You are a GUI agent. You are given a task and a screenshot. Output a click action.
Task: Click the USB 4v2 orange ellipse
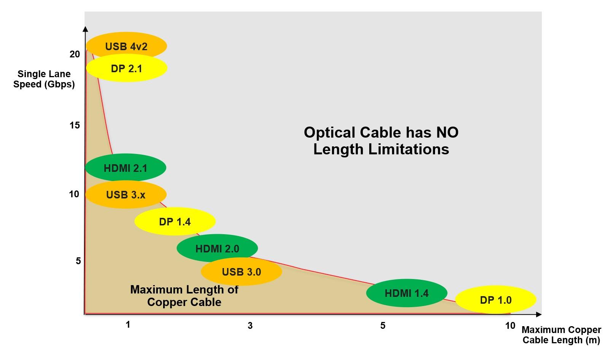pyautogui.click(x=126, y=46)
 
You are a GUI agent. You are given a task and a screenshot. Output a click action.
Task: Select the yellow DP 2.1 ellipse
pyautogui.click(x=127, y=68)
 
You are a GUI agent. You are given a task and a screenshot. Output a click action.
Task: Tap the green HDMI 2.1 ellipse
pyautogui.click(x=125, y=168)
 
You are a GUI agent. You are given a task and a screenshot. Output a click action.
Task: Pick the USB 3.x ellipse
pyautogui.click(x=126, y=195)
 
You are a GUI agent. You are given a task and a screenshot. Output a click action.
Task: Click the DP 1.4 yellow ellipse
pyautogui.click(x=175, y=221)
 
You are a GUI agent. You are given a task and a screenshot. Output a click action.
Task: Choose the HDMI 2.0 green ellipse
pyautogui.click(x=217, y=248)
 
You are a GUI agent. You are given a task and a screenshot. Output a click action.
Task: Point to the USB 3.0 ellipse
pyautogui.click(x=241, y=271)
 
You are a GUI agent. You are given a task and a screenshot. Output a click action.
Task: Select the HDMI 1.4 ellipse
pyautogui.click(x=407, y=293)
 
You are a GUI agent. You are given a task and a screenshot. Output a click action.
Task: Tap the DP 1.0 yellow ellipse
pyautogui.click(x=495, y=300)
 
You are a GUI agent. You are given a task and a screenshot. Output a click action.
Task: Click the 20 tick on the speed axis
pyautogui.click(x=75, y=54)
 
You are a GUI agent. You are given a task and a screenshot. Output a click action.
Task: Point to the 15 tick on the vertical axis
pyautogui.click(x=75, y=125)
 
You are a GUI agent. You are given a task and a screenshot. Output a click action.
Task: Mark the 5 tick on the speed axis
pyautogui.click(x=78, y=261)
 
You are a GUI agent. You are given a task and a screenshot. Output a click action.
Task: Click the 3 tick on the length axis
pyautogui.click(x=250, y=326)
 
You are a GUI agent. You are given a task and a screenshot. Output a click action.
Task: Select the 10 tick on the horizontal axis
pyautogui.click(x=510, y=325)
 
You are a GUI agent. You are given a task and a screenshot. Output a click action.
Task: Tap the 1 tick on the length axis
pyautogui.click(x=128, y=325)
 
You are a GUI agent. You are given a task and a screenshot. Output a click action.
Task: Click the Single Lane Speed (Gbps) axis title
pyautogui.click(x=44, y=79)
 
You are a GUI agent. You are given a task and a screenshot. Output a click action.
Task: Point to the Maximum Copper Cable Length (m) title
pyautogui.click(x=561, y=335)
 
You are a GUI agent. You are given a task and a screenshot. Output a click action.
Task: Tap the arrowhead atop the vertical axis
pyautogui.click(x=86, y=29)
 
